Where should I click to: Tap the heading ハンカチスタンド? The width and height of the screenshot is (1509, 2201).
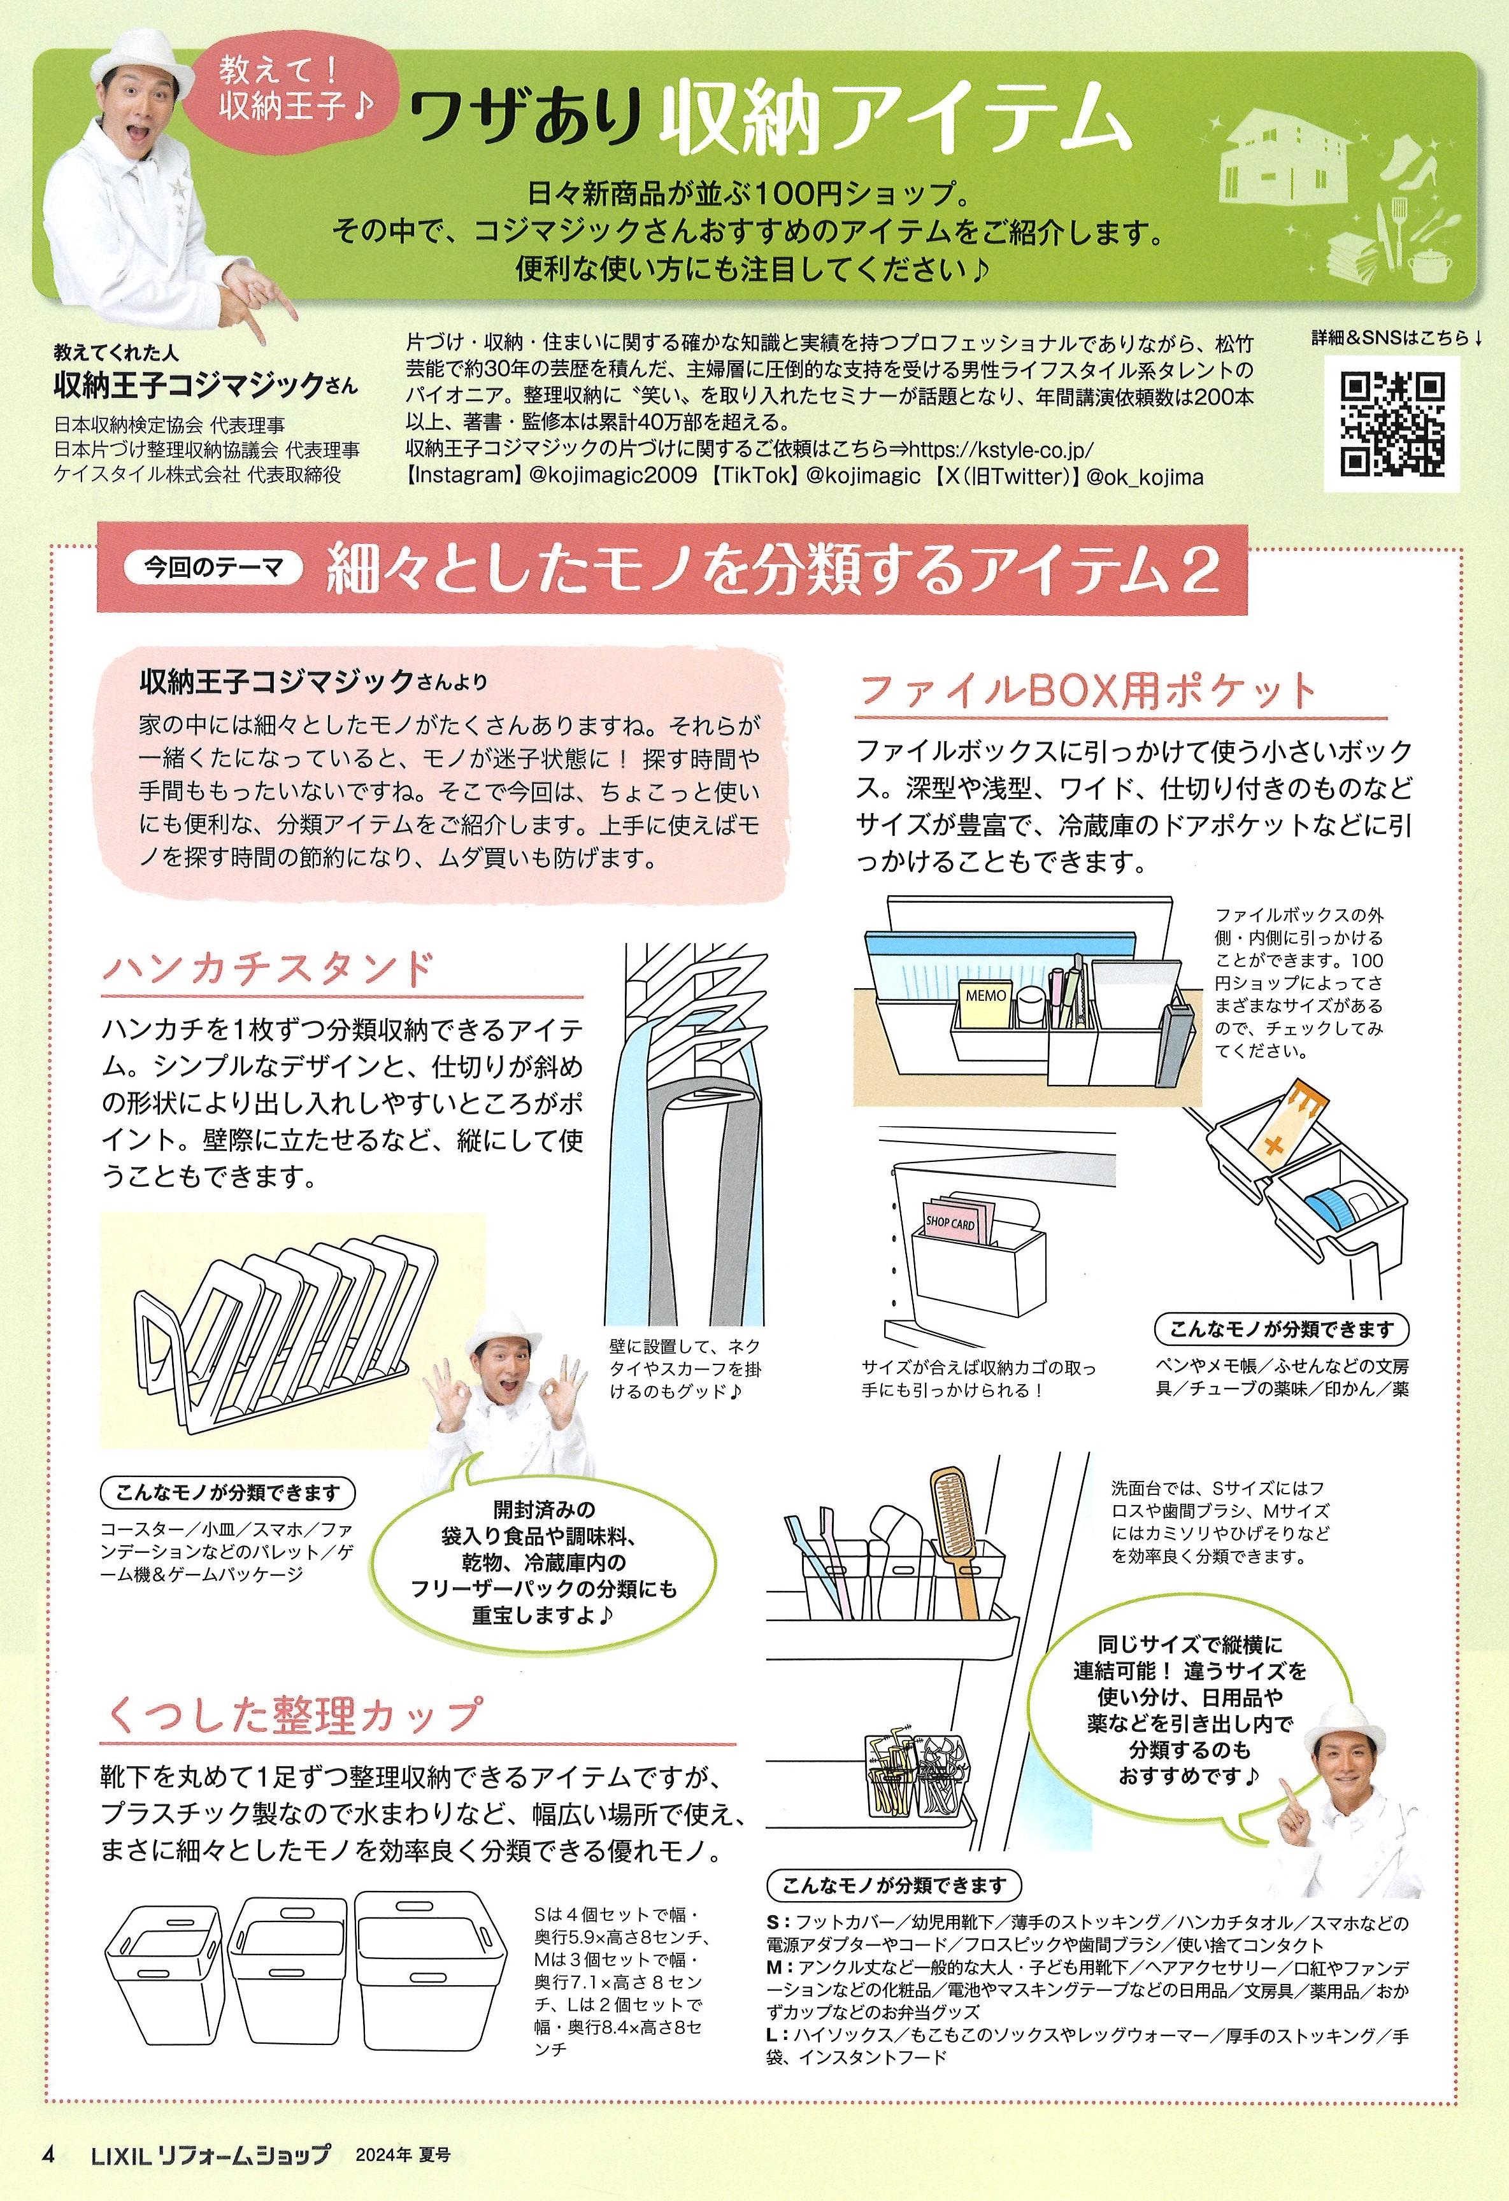tap(268, 969)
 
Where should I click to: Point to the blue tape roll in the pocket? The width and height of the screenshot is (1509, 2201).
tap(1330, 1206)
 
